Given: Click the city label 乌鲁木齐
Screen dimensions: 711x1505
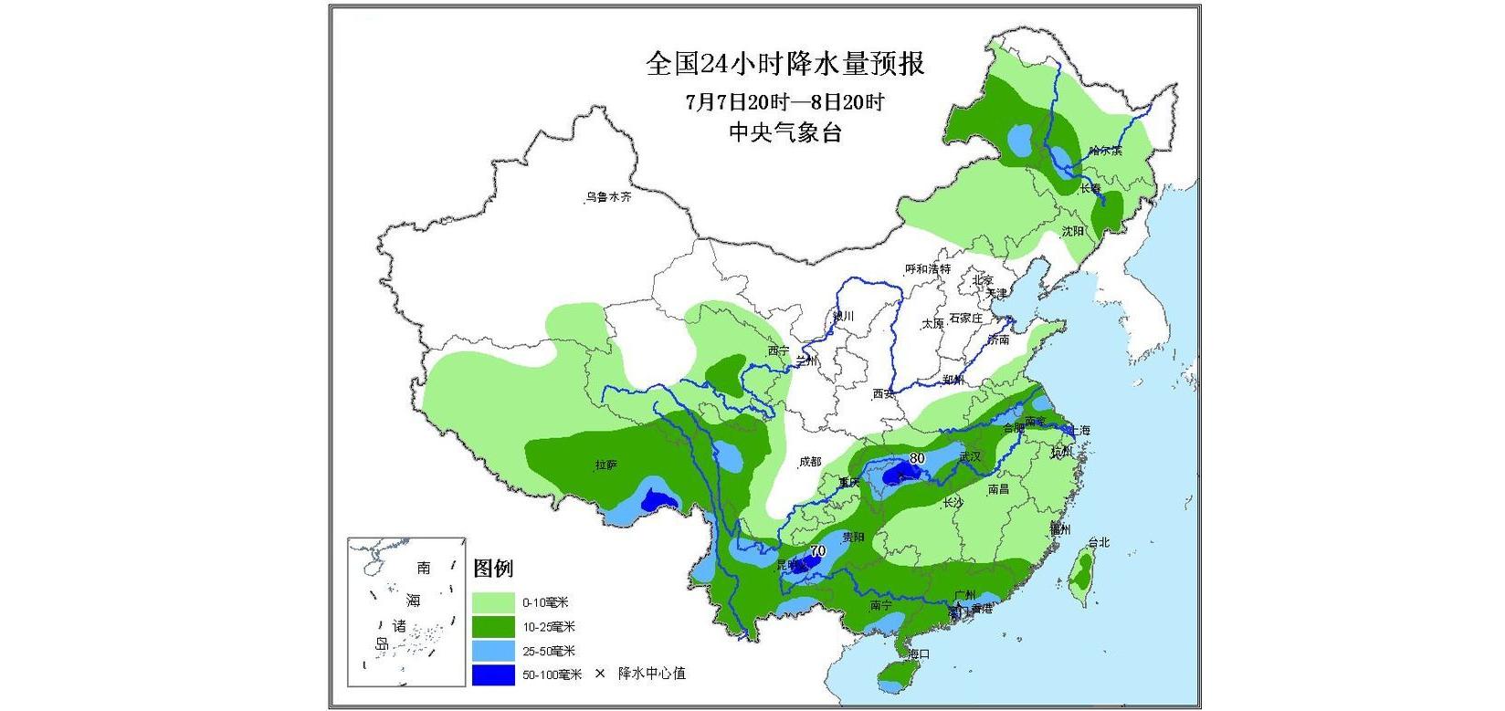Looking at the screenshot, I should click(x=608, y=197).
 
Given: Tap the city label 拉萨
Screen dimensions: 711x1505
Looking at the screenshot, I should click(x=606, y=465).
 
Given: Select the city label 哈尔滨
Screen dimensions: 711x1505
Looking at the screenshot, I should click(x=1106, y=151).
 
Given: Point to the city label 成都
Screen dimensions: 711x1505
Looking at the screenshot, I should click(x=810, y=462).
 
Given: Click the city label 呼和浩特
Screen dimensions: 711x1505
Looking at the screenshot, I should click(x=928, y=269).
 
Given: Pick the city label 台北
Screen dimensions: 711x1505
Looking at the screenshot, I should click(x=1099, y=542).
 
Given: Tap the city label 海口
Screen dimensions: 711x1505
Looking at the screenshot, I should click(x=918, y=654).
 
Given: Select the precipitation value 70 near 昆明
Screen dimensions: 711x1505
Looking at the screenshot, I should click(x=817, y=550).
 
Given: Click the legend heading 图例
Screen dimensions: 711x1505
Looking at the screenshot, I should click(x=493, y=569).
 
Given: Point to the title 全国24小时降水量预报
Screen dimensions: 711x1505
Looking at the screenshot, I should click(x=784, y=63).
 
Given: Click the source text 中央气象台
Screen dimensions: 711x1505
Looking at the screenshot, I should click(x=784, y=132).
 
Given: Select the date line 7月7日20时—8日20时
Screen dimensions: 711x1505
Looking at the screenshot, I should click(x=784, y=101).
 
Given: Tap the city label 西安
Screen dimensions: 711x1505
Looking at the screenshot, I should click(x=883, y=394).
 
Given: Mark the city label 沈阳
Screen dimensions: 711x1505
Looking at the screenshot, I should click(x=1072, y=232).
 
